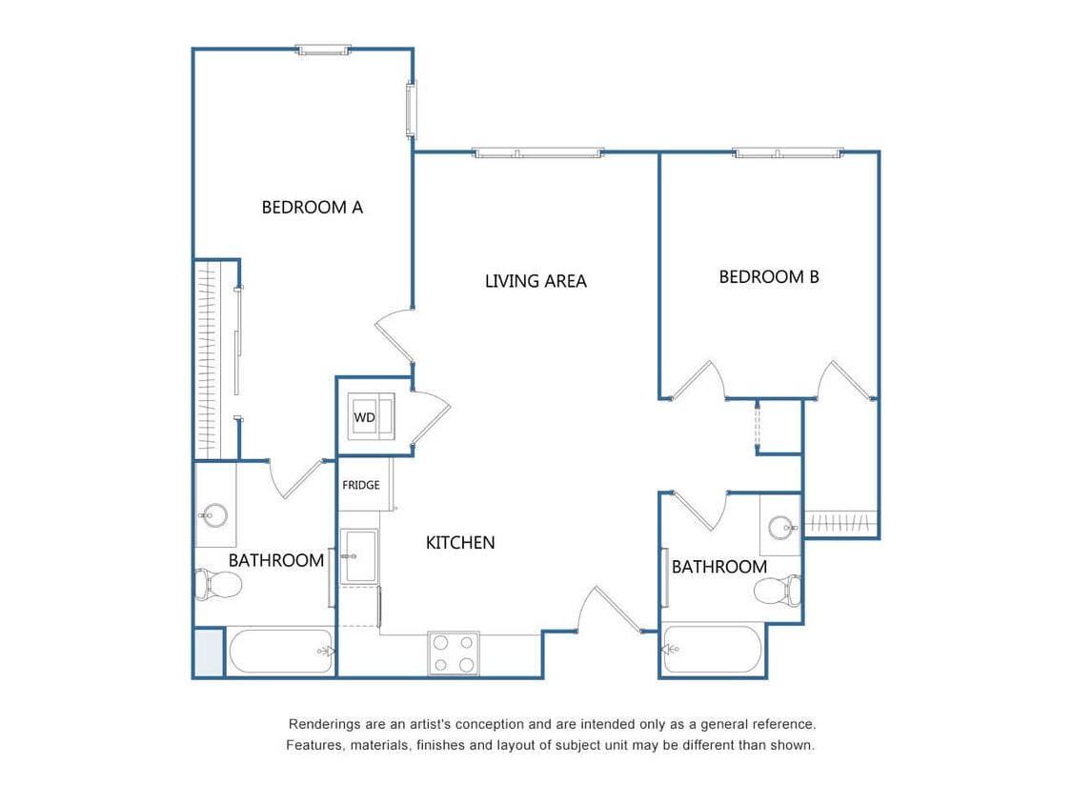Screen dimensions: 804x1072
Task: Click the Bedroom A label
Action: pyautogui.click(x=312, y=207)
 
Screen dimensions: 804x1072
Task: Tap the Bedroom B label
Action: pyautogui.click(x=768, y=277)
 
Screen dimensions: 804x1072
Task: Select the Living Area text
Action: pyautogui.click(x=536, y=281)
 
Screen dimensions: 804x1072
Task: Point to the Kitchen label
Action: pyautogui.click(x=459, y=543)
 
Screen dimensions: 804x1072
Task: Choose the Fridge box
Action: pyautogui.click(x=361, y=485)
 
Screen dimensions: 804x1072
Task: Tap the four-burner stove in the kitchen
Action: pyautogui.click(x=453, y=653)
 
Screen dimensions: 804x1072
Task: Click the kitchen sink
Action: pyautogui.click(x=360, y=556)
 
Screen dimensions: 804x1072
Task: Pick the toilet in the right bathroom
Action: pyautogui.click(x=778, y=592)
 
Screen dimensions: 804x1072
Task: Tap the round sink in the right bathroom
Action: pyautogui.click(x=782, y=526)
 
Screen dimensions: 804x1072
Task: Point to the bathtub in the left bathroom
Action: pyautogui.click(x=280, y=652)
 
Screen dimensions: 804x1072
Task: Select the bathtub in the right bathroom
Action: pyautogui.click(x=713, y=650)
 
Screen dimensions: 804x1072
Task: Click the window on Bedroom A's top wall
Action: pyautogui.click(x=323, y=50)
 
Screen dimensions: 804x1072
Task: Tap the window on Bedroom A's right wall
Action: pyautogui.click(x=412, y=110)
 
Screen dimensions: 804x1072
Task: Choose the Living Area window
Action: pyautogui.click(x=538, y=152)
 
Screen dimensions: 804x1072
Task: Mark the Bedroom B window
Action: pyautogui.click(x=788, y=152)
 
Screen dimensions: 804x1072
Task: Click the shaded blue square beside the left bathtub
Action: pyautogui.click(x=209, y=653)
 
